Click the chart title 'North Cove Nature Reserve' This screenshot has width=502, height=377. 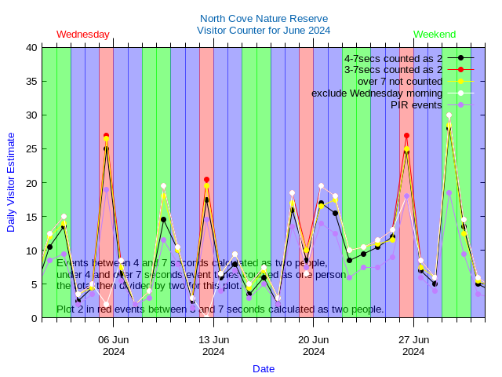pos(264,18)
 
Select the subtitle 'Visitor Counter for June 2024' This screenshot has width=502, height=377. pos(264,30)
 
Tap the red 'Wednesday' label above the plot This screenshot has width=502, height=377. pos(83,35)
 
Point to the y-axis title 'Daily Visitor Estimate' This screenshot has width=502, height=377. pos(11,182)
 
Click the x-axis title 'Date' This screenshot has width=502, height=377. pos(264,368)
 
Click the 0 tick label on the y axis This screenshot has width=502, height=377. pos(35,318)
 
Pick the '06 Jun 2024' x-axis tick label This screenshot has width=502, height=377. pos(114,346)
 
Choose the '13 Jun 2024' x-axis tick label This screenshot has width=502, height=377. pos(213,346)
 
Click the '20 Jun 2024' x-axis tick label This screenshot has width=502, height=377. pos(314,346)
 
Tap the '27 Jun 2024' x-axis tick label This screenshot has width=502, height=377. pos(413,346)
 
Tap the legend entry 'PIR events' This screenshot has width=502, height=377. pos(417,104)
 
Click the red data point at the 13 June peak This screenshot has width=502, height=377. pos(206,180)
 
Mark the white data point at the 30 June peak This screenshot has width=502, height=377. pos(449,115)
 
